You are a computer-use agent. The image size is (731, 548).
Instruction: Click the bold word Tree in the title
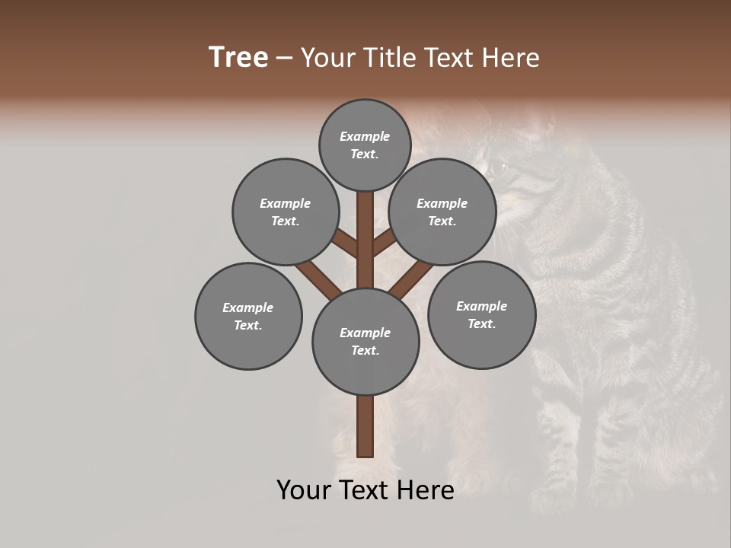tap(238, 58)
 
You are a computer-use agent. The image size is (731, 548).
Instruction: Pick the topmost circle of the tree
tap(365, 145)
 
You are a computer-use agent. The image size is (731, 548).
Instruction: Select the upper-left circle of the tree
tap(286, 212)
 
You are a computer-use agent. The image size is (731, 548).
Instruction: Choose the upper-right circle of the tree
tap(442, 212)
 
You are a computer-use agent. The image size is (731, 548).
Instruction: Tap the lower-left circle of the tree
tap(248, 317)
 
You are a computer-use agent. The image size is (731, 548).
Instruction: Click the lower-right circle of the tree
tap(481, 315)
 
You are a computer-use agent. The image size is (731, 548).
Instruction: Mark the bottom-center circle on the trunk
tap(365, 342)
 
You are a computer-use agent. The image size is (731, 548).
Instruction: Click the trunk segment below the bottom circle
tap(365, 426)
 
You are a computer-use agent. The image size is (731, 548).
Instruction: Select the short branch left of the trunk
tap(345, 244)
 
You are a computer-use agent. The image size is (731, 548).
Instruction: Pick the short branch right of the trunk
tap(383, 242)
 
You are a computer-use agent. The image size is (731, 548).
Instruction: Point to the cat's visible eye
tap(496, 168)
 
